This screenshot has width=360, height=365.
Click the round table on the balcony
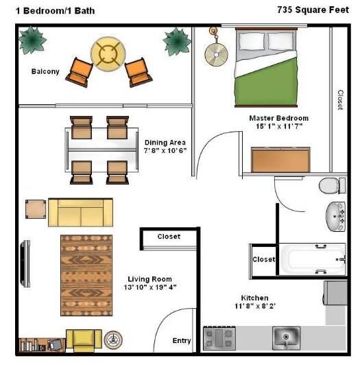point(109,53)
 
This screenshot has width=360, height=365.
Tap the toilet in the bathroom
point(333,185)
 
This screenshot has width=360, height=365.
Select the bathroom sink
point(335,216)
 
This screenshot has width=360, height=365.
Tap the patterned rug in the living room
point(86,274)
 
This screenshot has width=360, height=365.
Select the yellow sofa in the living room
point(80,213)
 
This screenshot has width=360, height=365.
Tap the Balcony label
point(45,71)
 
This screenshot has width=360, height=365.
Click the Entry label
point(182,340)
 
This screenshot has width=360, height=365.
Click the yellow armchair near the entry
point(84,340)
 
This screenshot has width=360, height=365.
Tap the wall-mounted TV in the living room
point(26,263)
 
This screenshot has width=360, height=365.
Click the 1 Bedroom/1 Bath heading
point(50,10)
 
